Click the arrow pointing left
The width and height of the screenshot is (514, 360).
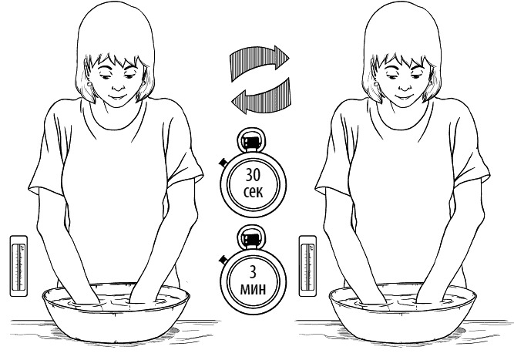click(x=262, y=96)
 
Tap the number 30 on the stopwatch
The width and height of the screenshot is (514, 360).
click(x=253, y=175)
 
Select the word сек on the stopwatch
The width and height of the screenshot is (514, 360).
click(x=253, y=192)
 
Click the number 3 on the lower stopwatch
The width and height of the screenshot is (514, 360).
click(x=253, y=272)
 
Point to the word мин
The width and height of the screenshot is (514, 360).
click(x=253, y=289)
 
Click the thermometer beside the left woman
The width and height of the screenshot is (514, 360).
click(x=18, y=266)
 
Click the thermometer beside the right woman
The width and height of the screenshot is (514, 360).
click(x=307, y=266)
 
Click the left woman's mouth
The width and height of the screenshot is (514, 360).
click(x=118, y=97)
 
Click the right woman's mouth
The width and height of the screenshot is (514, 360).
click(x=405, y=97)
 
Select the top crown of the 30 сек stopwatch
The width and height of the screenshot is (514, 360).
click(x=250, y=140)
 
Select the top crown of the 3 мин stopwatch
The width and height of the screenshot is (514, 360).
click(x=250, y=237)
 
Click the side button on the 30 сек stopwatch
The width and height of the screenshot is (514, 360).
click(x=223, y=162)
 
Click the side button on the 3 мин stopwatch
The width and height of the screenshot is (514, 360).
click(x=223, y=259)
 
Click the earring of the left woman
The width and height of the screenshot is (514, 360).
click(x=90, y=84)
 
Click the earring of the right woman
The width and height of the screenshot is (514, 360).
click(x=377, y=84)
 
